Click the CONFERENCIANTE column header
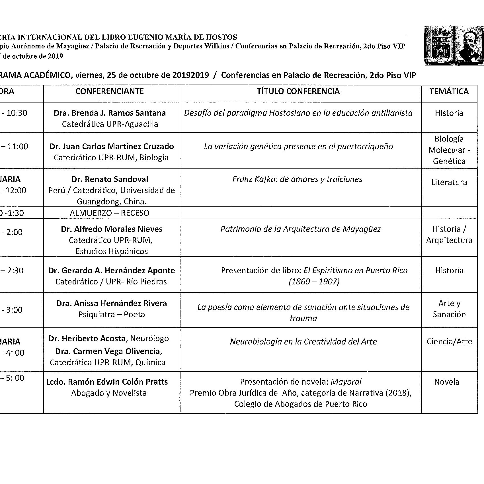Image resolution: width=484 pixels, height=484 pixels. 109,91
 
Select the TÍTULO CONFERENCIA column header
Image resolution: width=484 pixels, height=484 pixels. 298,91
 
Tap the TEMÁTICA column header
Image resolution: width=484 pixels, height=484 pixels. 449,91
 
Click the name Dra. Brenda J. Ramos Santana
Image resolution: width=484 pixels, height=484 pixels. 110,113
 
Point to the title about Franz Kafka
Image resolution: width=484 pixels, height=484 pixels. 297,179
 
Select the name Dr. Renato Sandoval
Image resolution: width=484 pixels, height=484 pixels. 110,179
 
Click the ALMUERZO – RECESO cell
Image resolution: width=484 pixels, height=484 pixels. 109,213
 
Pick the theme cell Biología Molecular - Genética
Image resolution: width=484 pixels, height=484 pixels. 449,150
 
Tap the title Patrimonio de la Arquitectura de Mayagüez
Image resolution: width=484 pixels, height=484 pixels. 300,229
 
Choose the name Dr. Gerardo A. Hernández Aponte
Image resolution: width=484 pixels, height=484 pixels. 111,270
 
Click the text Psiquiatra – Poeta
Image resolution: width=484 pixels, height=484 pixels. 111,314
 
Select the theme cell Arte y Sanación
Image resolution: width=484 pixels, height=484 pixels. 449,309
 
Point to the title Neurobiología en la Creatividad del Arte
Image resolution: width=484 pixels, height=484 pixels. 303,342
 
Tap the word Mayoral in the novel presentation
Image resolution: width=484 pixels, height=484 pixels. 346,382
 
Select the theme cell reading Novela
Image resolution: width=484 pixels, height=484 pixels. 446,382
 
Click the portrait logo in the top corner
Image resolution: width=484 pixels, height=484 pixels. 453,46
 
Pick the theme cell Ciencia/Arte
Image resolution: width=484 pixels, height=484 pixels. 449,341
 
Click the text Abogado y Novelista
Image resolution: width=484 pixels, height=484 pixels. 109,393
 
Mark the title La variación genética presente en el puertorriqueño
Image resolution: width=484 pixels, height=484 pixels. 298,146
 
